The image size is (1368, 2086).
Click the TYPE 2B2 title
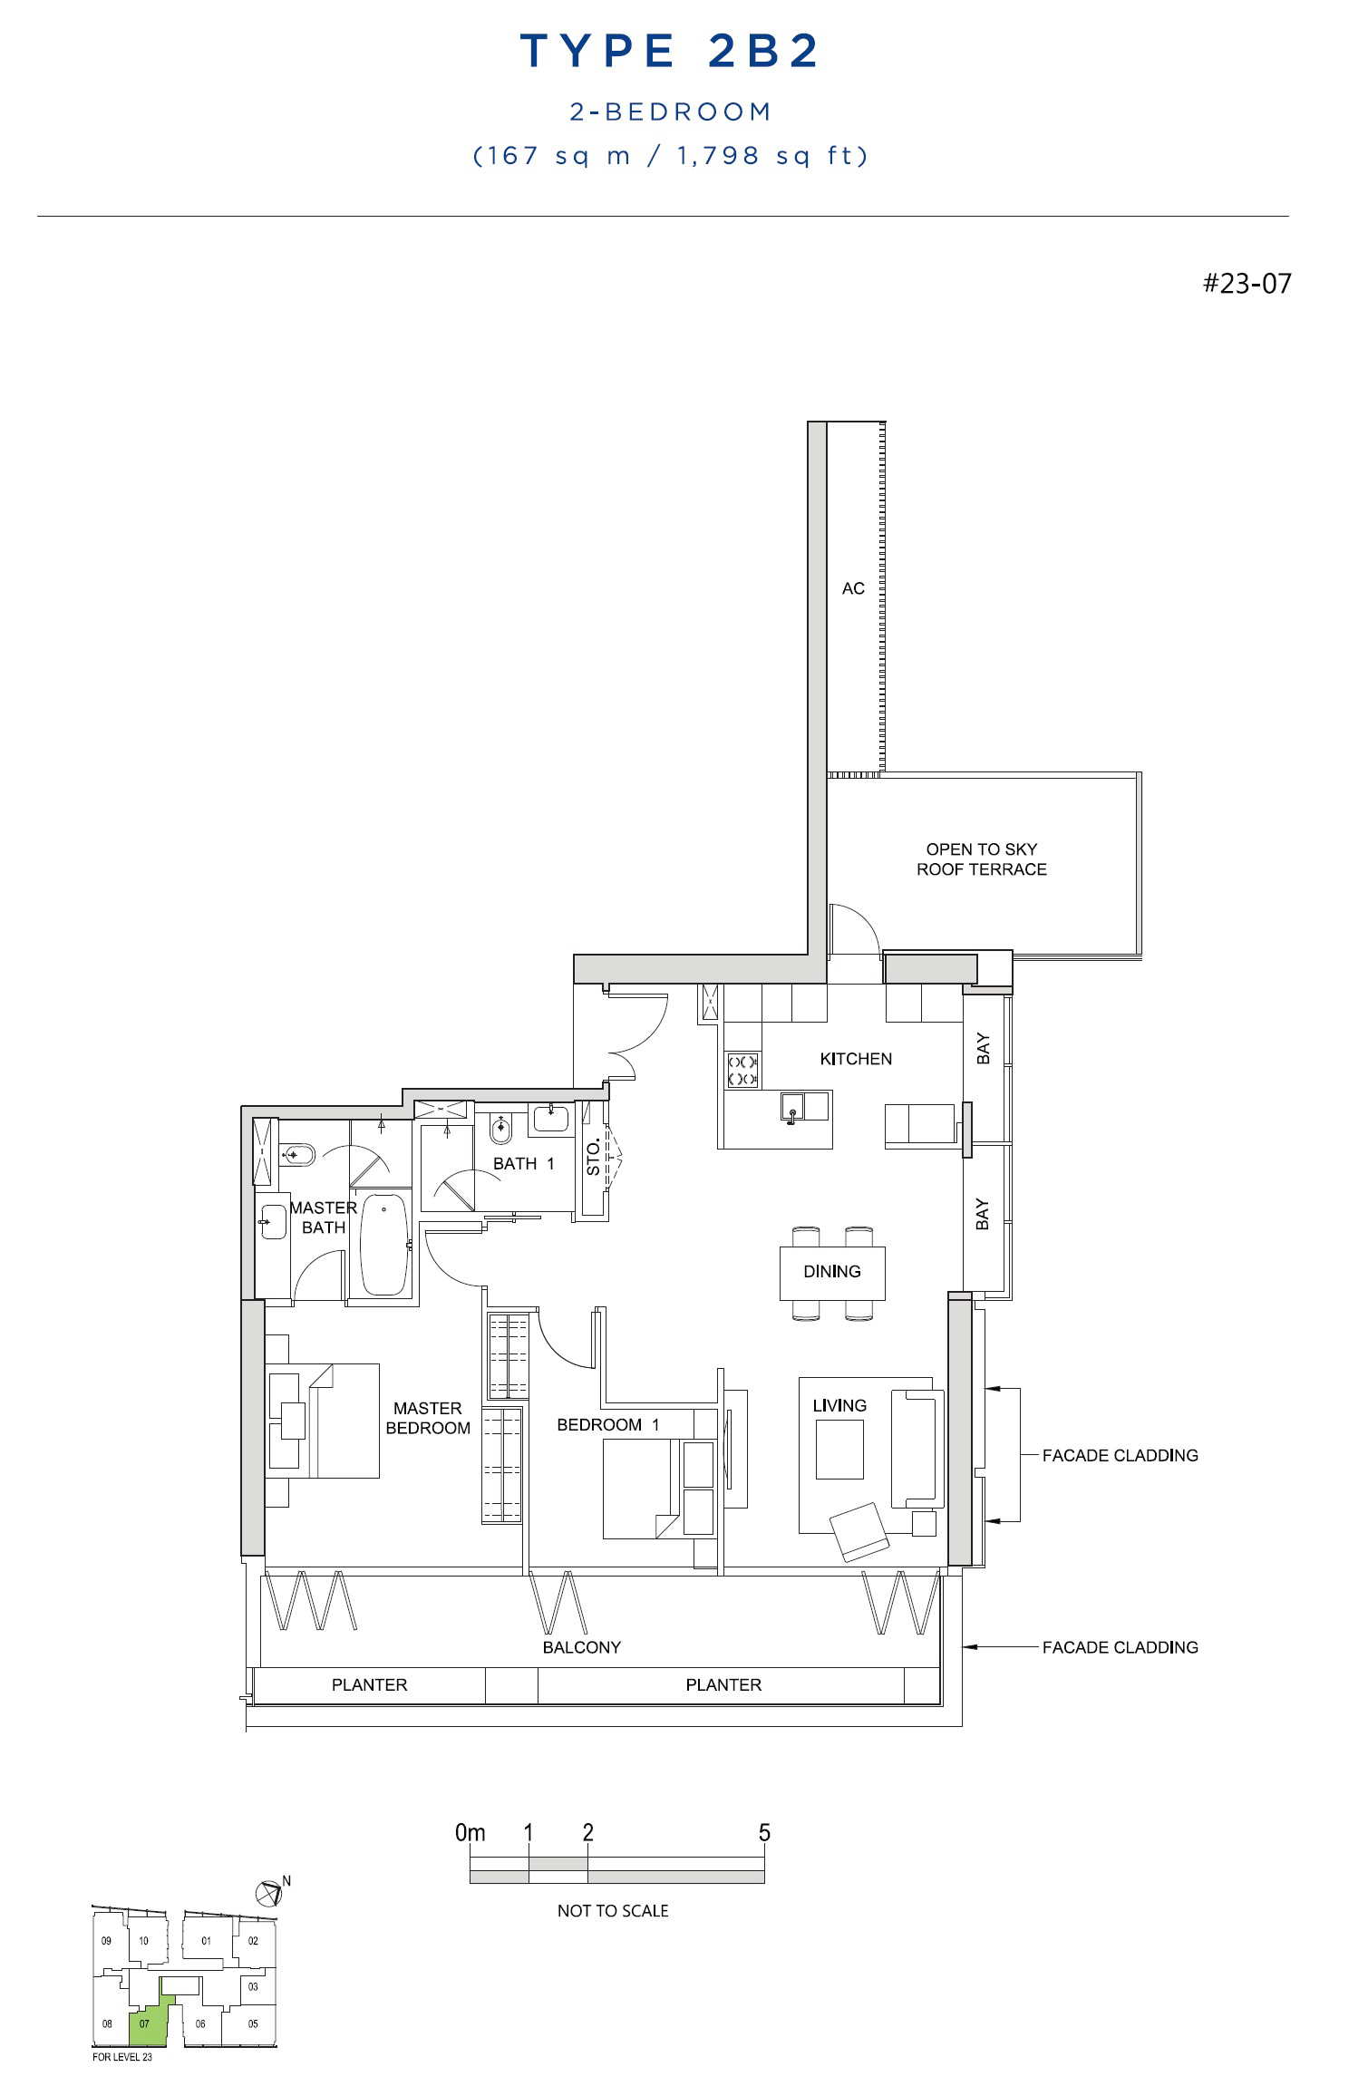(670, 51)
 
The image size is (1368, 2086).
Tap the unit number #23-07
(1247, 284)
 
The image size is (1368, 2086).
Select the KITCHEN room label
(856, 1059)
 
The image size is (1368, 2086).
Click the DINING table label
(832, 1271)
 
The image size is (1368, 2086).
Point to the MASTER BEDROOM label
(428, 1418)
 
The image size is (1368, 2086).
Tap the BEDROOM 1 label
(608, 1424)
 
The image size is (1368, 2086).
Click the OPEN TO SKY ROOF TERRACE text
(982, 859)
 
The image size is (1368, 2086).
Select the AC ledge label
(853, 588)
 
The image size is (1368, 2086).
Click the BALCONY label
(582, 1647)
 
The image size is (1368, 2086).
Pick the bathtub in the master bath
(384, 1245)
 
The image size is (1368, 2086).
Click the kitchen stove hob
(742, 1070)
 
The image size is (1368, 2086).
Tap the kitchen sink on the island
(792, 1107)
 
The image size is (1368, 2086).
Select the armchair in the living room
(860, 1532)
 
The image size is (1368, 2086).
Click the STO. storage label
(594, 1158)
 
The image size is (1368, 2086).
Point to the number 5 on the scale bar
(764, 1832)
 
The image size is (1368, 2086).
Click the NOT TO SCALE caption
(613, 1910)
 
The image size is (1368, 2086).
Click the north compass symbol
(272, 1893)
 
